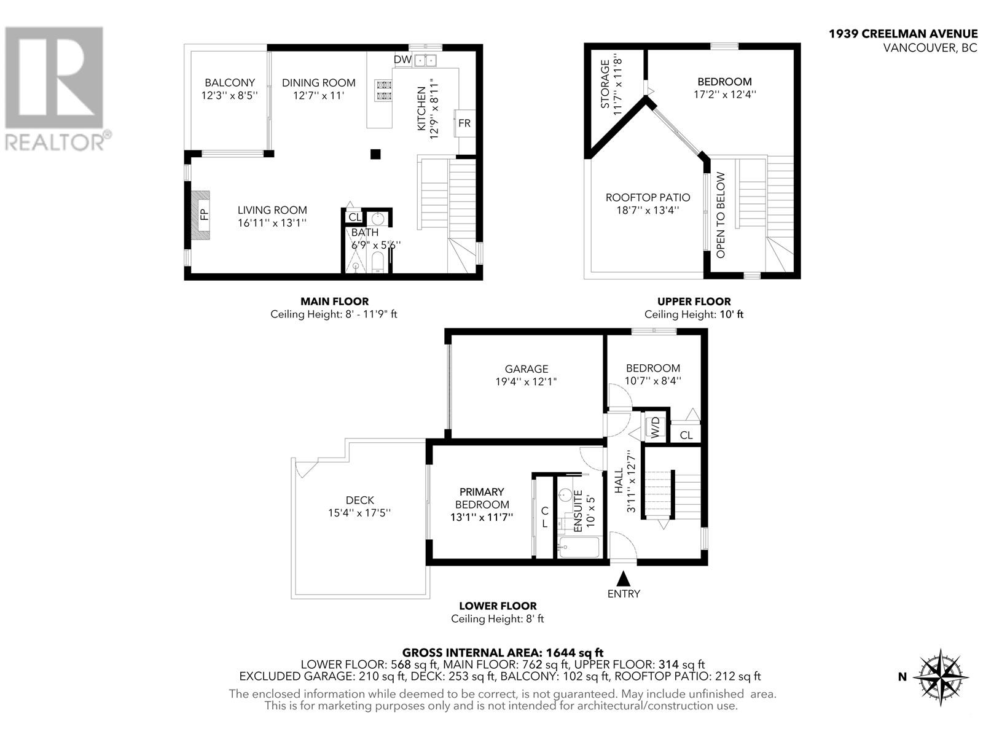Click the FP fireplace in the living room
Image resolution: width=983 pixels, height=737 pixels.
[x=201, y=214]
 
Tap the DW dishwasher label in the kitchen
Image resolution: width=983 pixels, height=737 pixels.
[x=402, y=60]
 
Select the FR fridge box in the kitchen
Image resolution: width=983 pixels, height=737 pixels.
[x=464, y=123]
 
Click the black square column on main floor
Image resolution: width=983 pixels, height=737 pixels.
[x=375, y=154]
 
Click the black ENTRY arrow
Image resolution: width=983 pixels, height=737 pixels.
[x=624, y=579]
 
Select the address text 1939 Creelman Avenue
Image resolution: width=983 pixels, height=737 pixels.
[x=903, y=34]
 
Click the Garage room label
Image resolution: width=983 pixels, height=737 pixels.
[x=527, y=369]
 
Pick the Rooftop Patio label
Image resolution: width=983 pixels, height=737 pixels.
[x=648, y=198]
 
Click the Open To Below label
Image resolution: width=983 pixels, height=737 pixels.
[x=721, y=215]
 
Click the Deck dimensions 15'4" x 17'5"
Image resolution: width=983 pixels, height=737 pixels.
[x=359, y=513]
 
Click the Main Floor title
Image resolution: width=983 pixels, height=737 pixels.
[x=334, y=302]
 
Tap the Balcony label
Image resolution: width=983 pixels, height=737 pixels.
[x=230, y=82]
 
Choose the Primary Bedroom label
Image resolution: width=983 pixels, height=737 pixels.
[x=482, y=498]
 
